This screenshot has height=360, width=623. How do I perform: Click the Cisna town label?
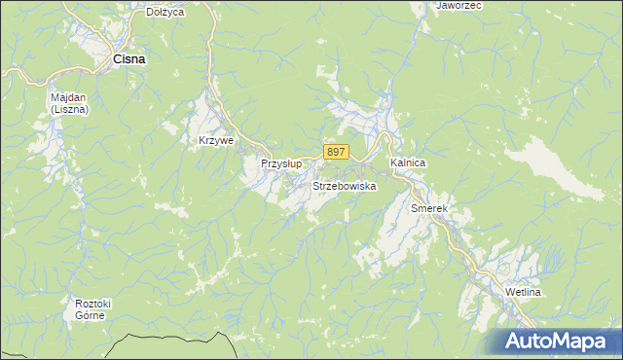coord(129,59)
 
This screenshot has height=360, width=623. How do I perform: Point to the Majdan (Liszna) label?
coord(69,103)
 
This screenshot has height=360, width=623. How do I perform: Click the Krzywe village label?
coord(216,140)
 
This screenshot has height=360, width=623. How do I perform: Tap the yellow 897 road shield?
coord(336,152)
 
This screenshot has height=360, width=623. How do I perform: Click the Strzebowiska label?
coord(344,185)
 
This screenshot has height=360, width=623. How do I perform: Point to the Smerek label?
coord(428,208)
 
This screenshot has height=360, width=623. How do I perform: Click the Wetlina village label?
coord(523,292)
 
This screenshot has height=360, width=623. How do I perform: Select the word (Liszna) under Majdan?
coord(69,109)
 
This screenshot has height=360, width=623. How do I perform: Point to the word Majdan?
coord(69,97)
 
